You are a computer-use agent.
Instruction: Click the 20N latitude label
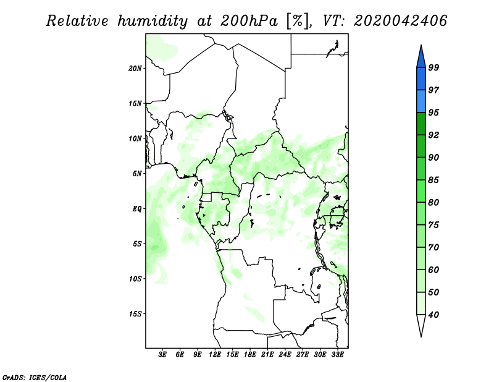point(135,69)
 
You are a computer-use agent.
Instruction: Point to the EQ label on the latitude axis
point(137,209)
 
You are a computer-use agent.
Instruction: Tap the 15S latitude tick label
point(135,314)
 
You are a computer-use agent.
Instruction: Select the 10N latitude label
point(135,138)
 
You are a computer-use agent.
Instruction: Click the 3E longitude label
point(162,355)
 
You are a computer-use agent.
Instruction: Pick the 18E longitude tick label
point(250,355)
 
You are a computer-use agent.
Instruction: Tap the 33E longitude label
point(337,355)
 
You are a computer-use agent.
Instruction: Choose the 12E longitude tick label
point(215,355)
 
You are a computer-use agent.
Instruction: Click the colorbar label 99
point(433,67)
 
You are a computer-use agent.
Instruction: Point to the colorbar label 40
point(433,315)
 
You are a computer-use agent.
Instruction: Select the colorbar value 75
point(433,225)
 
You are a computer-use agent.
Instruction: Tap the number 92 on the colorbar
point(433,135)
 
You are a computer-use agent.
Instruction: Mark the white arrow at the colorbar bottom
point(421,325)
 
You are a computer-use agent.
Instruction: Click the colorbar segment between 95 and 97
point(421,101)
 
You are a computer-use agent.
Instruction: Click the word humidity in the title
point(153,22)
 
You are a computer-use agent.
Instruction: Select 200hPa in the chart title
point(249,21)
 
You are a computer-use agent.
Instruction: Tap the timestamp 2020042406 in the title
point(400,21)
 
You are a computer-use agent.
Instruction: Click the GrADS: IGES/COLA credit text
point(35,378)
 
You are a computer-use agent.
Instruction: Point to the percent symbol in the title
point(298,21)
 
